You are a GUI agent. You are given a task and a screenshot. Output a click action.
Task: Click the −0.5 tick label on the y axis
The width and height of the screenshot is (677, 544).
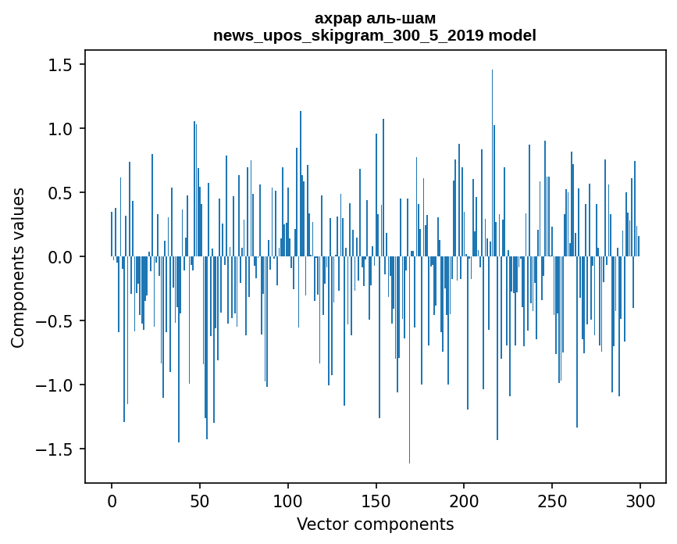tap(57, 321)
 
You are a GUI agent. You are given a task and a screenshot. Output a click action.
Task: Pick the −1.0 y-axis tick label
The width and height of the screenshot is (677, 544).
tap(57, 385)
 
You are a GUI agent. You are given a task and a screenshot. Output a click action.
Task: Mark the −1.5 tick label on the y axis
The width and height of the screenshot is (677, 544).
tap(57, 449)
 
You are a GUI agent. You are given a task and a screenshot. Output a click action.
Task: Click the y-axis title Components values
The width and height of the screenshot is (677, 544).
tap(18, 267)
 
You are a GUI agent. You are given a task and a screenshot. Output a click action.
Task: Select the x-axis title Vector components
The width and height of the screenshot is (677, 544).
tap(375, 524)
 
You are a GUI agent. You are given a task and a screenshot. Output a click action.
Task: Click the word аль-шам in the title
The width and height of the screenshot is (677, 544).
tap(399, 18)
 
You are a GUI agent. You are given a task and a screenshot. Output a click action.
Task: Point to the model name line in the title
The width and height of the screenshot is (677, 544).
tap(375, 35)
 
